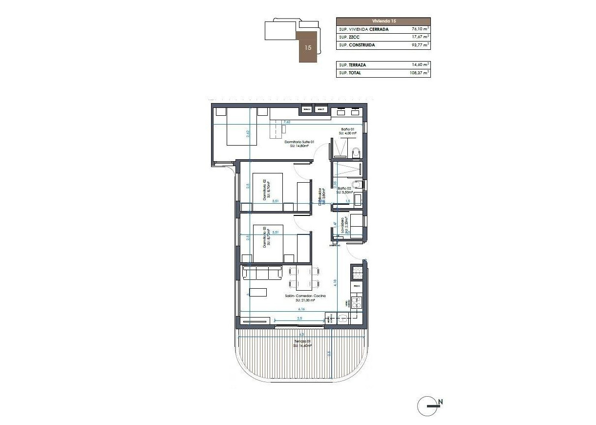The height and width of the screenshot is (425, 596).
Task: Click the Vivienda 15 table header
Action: tap(383, 21)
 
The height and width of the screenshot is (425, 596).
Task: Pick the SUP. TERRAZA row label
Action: tap(353, 65)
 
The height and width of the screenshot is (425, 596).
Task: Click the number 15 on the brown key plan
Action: tap(308, 48)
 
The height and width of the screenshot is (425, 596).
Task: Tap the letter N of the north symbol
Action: tap(440, 402)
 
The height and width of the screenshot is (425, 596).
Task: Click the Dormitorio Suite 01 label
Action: tap(298, 142)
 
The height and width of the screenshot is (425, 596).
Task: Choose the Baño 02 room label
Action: tap(344, 188)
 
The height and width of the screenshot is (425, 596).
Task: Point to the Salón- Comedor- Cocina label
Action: tap(305, 296)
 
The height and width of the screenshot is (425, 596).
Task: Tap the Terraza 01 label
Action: tap(302, 341)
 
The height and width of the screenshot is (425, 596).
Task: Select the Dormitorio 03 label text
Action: tap(264, 237)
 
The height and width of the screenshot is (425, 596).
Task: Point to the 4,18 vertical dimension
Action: tap(335, 282)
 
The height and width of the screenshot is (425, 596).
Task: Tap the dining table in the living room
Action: tap(303, 277)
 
